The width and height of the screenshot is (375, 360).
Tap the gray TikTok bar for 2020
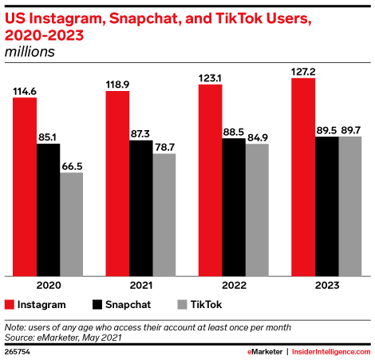pyautogui.click(x=70, y=224)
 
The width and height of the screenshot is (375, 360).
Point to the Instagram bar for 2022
pyautogui.click(x=210, y=180)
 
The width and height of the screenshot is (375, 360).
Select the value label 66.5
pyautogui.click(x=70, y=165)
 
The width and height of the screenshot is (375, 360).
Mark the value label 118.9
pyautogui.click(x=117, y=84)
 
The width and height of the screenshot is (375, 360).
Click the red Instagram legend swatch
pyautogui.click(x=10, y=304)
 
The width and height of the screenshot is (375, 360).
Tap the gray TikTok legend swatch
pyautogui.click(x=181, y=304)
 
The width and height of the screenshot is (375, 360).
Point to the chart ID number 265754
pyautogui.click(x=18, y=351)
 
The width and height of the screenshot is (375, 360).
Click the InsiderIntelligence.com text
pyautogui.click(x=334, y=351)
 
